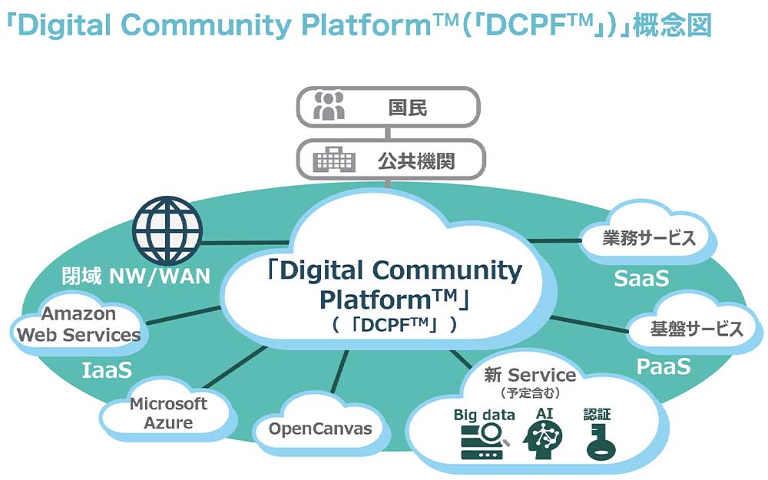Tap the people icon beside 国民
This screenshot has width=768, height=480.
330,107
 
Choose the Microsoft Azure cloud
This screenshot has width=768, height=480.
167,413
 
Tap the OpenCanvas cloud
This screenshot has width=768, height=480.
319,429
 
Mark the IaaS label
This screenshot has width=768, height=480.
107,370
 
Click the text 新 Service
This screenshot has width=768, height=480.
530,375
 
